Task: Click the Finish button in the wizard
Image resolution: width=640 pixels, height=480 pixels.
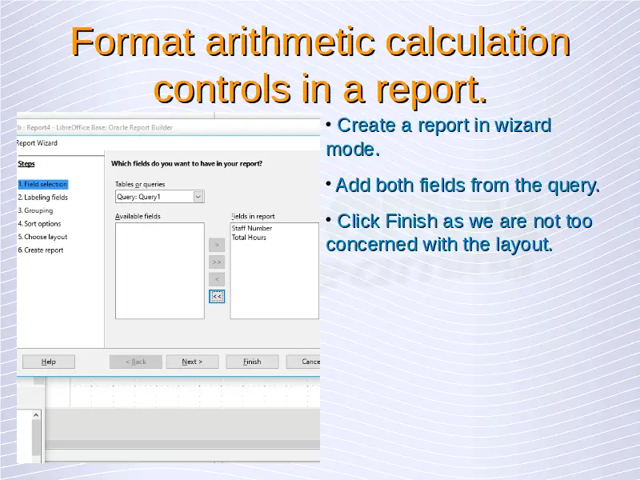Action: click(252, 362)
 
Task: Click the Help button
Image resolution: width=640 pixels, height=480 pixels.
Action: click(49, 362)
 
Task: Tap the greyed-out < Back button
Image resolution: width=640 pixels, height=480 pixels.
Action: click(136, 362)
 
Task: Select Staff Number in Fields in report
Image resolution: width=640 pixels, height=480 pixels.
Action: click(252, 228)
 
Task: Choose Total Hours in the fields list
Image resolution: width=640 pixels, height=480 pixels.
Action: click(249, 237)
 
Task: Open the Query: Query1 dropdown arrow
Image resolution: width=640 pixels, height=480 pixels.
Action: click(198, 197)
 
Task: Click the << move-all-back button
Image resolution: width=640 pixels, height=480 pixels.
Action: click(217, 296)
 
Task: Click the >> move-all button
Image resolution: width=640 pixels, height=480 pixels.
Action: click(217, 262)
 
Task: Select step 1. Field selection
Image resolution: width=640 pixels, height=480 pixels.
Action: click(43, 184)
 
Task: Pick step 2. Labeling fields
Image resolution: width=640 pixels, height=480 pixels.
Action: click(43, 198)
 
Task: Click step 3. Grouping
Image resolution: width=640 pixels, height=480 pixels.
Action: click(35, 210)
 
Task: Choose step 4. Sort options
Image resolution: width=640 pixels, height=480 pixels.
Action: click(39, 224)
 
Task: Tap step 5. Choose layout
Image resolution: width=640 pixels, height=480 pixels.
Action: click(43, 237)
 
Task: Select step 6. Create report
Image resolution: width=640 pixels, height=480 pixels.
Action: click(41, 250)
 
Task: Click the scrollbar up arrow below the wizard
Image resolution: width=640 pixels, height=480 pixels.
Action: click(36, 415)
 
